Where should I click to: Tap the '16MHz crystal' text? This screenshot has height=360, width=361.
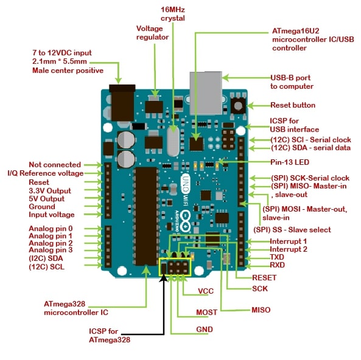[172, 14]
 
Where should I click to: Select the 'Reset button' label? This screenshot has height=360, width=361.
[293, 105]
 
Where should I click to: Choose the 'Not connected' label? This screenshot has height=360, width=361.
[55, 164]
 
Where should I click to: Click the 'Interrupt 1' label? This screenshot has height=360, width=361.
[289, 241]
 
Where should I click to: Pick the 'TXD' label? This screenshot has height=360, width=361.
[278, 257]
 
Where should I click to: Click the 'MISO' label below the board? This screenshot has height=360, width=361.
[261, 310]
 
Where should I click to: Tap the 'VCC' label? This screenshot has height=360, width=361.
[206, 291]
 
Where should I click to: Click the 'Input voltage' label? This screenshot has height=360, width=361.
[52, 215]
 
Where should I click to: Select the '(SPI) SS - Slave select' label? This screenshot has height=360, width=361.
[292, 229]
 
